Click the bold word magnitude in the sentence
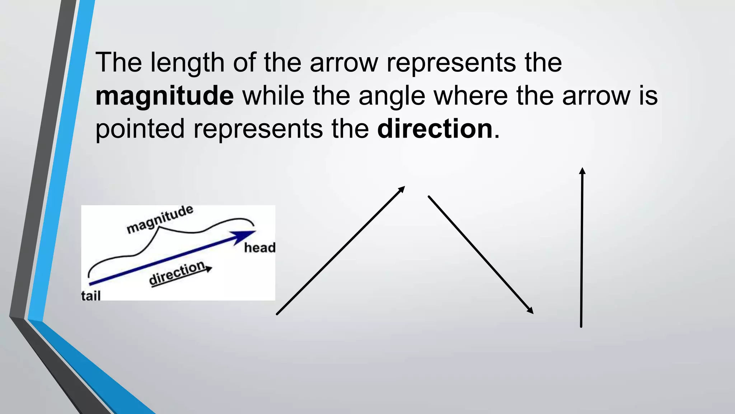click(164, 96)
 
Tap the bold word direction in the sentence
click(435, 129)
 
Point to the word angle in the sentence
click(392, 97)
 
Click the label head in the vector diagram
click(259, 248)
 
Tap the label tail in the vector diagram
click(90, 296)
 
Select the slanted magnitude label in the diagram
click(160, 219)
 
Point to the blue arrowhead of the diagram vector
click(245, 237)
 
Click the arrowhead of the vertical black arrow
click(582, 171)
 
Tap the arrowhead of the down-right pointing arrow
click(530, 311)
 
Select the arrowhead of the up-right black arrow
click(402, 189)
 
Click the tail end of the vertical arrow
click(581, 326)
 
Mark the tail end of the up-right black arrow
click(277, 314)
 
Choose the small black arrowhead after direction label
click(209, 268)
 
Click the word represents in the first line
click(451, 63)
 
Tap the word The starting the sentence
click(118, 63)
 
